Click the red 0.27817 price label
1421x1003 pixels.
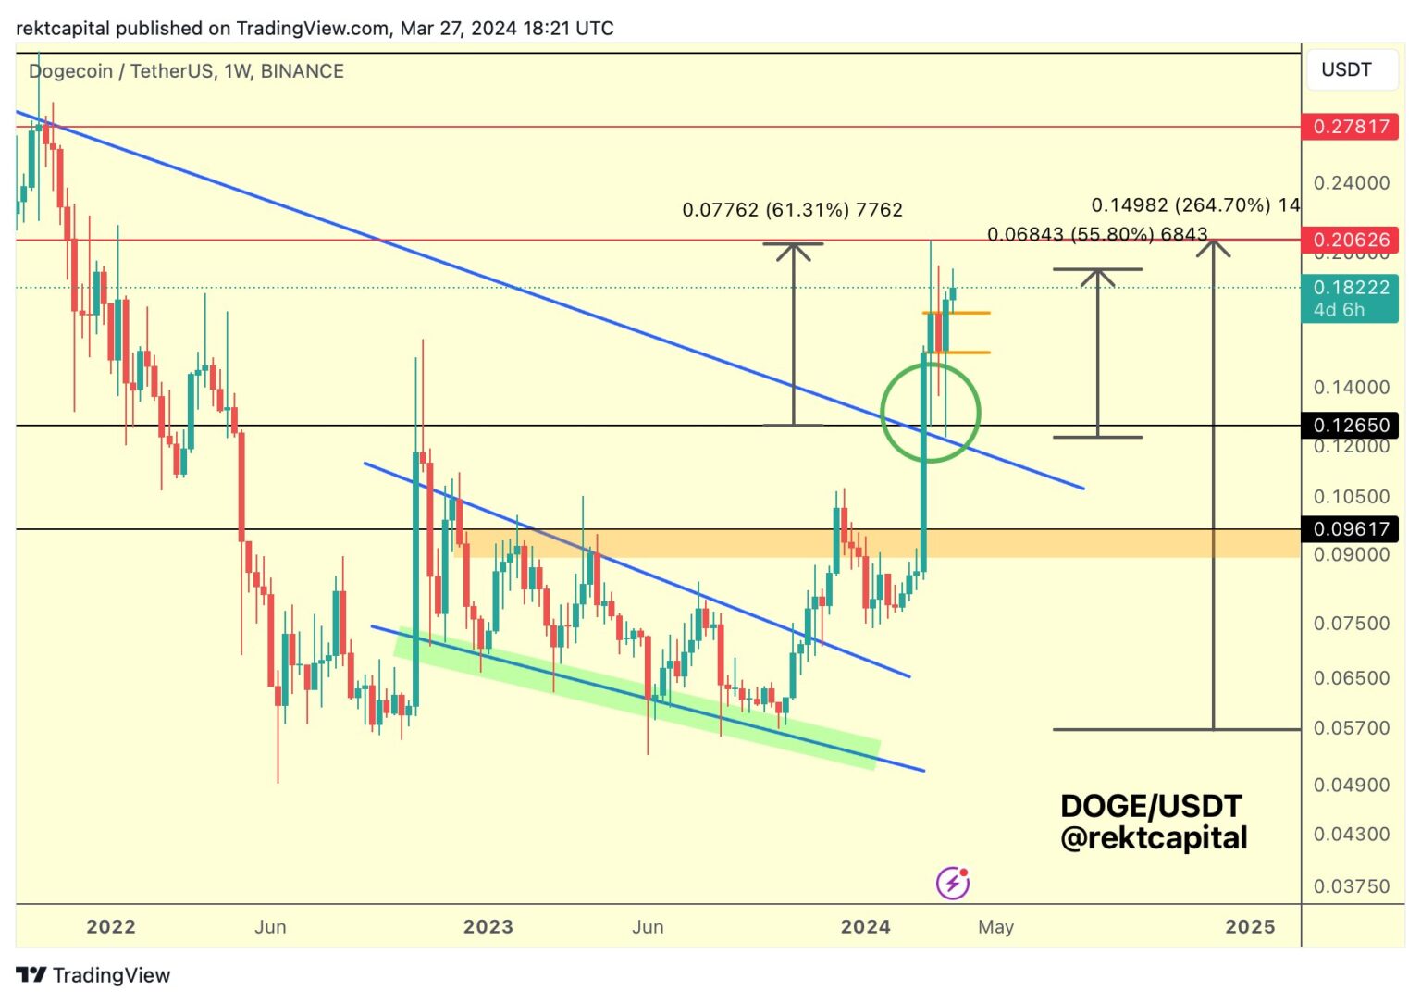(x=1350, y=127)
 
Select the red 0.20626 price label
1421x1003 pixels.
(x=1350, y=240)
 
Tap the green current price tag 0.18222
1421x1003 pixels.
(x=1350, y=297)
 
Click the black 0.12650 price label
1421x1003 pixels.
(x=1350, y=425)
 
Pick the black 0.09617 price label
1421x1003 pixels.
(x=1350, y=528)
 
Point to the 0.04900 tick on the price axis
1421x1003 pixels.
(x=1351, y=785)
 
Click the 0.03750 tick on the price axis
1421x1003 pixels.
(x=1351, y=885)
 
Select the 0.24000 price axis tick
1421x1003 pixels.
(x=1351, y=182)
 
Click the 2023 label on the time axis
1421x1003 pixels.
(x=488, y=926)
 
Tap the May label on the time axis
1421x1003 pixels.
(x=995, y=926)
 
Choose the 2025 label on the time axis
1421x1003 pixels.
(x=1249, y=926)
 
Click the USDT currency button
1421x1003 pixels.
(x=1346, y=69)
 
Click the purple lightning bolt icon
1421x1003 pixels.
(x=952, y=883)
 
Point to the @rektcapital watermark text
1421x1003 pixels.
(x=1154, y=837)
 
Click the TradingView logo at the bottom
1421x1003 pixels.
(x=93, y=975)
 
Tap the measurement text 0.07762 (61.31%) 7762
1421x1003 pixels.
(x=792, y=210)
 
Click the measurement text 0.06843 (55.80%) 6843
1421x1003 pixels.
(x=1097, y=234)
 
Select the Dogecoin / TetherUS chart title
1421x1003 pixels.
(x=186, y=71)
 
